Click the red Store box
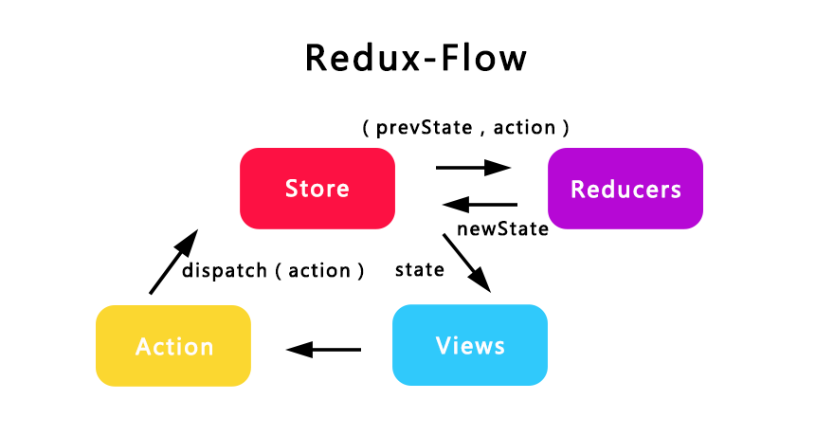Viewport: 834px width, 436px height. (x=317, y=189)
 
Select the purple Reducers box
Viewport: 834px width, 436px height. (x=625, y=189)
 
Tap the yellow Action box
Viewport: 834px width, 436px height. (x=173, y=346)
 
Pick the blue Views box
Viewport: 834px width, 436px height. (x=470, y=345)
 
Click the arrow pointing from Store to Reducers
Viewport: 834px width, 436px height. (x=473, y=168)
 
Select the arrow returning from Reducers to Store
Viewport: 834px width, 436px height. (x=480, y=204)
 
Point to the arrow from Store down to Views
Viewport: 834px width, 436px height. (x=467, y=263)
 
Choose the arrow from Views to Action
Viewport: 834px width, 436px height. (x=323, y=350)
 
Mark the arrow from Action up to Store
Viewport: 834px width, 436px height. (x=173, y=262)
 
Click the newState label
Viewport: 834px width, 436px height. (x=502, y=228)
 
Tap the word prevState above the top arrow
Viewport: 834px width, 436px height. (x=424, y=128)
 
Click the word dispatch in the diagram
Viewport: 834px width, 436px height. (x=225, y=271)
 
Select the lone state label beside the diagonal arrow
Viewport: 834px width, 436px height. (x=420, y=269)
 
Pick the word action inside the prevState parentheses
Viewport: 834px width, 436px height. (x=524, y=128)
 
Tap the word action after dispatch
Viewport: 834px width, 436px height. (x=319, y=271)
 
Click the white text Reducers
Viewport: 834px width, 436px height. (x=625, y=190)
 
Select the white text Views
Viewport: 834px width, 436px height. (x=470, y=346)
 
